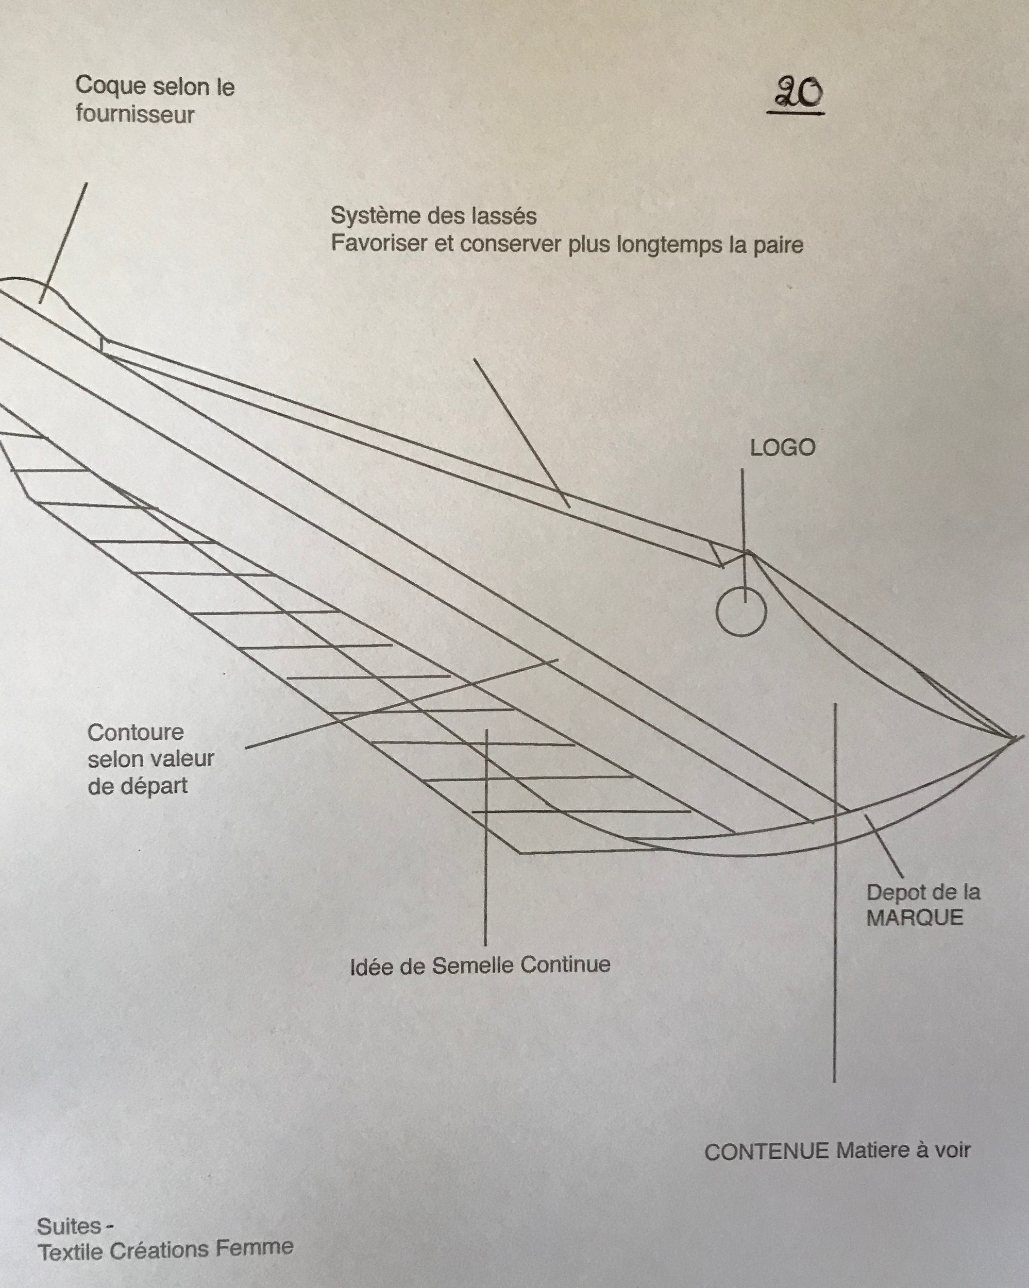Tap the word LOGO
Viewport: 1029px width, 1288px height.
pyautogui.click(x=783, y=448)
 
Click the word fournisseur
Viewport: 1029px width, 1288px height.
pyautogui.click(x=135, y=114)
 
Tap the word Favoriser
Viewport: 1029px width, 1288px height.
pyautogui.click(x=379, y=244)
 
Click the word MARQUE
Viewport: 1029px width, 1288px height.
pyautogui.click(x=914, y=918)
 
